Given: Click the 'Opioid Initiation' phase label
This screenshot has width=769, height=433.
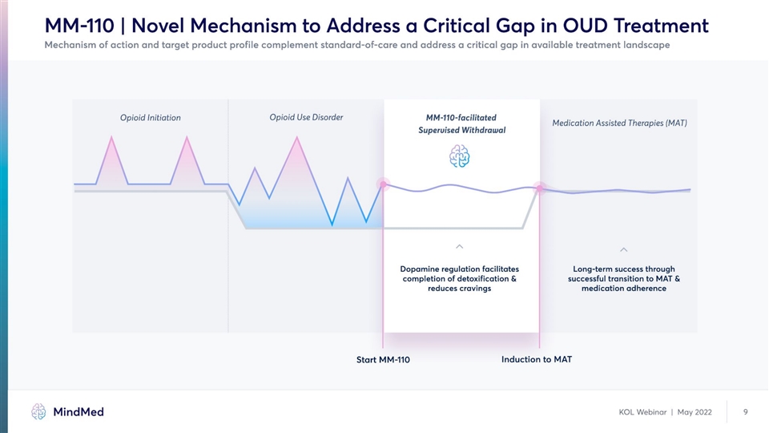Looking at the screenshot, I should point(151,118).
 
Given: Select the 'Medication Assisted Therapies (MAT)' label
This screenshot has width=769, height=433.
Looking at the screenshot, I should point(620,123).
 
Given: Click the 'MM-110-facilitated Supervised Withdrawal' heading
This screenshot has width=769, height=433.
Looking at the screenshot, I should point(461,123).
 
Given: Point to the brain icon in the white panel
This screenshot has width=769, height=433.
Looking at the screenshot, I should point(460,156).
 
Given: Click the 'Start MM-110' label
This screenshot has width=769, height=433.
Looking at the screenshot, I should point(383,359).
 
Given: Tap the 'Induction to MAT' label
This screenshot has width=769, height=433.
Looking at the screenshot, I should point(537,358).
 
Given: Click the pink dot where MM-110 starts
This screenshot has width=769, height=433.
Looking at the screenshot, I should point(383,184).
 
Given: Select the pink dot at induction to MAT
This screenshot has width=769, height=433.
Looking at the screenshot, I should point(540,188).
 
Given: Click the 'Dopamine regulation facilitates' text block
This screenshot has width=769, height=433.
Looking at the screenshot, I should point(460,278).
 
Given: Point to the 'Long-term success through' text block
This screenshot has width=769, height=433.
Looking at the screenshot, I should point(624,278).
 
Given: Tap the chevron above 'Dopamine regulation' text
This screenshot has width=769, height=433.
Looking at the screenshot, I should point(460,245).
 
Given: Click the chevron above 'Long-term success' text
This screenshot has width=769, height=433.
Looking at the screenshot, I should point(624,247).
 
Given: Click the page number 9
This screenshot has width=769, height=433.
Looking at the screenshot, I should point(746,412).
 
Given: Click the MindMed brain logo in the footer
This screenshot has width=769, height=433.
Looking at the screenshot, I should point(38,411).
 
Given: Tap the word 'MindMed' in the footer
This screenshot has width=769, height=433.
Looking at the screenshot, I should point(78,411).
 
